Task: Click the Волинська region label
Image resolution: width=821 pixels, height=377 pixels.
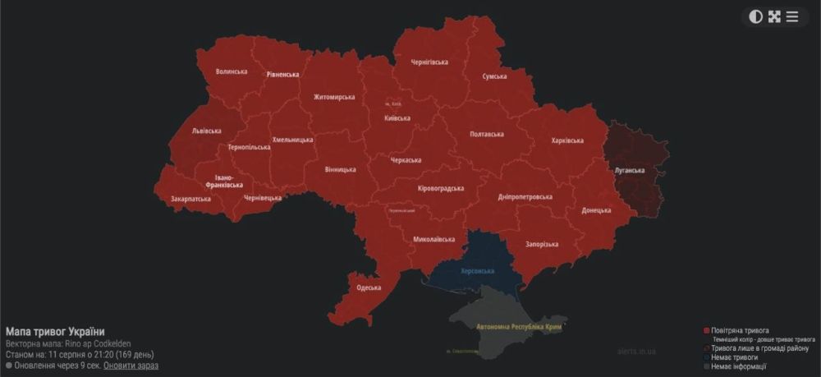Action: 232,71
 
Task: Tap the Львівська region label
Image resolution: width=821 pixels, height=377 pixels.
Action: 206,131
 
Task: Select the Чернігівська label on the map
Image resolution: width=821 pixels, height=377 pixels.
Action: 429,62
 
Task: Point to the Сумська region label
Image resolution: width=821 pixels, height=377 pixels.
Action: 494,76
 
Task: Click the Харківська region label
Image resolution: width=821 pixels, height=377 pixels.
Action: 567,140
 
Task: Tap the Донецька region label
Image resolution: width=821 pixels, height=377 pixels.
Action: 596,210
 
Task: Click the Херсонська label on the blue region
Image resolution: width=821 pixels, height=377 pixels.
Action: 476,270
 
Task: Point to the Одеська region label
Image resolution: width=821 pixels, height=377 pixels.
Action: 369,287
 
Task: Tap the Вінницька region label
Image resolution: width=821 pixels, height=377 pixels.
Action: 340,170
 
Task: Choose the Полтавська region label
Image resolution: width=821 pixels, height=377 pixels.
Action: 486,134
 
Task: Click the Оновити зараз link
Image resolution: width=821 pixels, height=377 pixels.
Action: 131,366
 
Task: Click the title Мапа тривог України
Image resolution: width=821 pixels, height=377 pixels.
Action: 55,331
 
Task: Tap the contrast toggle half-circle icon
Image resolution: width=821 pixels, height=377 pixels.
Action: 755,16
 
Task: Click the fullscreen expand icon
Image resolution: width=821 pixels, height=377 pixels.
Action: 774,16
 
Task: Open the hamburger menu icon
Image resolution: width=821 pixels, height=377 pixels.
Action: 792,16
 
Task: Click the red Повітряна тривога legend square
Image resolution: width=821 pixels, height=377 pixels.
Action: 706,330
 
